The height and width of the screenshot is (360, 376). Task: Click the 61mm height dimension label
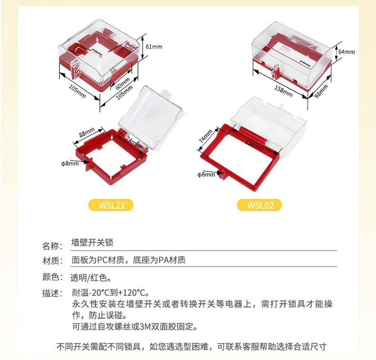coord(154,47)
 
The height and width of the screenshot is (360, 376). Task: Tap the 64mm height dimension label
coord(346,52)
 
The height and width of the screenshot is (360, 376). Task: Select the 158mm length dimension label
coord(284,91)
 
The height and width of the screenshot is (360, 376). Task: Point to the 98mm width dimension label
coord(321,91)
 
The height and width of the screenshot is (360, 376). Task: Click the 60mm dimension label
coord(122,83)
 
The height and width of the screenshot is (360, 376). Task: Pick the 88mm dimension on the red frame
coord(87,132)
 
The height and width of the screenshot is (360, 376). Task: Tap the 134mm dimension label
coord(255,146)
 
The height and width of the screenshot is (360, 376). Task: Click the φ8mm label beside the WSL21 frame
coord(70,163)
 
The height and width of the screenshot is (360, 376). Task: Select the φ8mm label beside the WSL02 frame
coord(206,175)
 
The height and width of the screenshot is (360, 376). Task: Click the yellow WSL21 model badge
coord(111,205)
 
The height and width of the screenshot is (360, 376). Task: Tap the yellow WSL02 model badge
coord(259,205)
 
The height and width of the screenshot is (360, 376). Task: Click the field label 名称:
coord(52,246)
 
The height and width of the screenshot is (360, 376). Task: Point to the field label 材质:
coord(52,260)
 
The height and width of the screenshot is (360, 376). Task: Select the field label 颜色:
coord(52,277)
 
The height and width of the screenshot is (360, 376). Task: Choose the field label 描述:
coord(52,293)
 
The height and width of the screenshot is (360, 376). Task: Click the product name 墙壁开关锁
coord(92,242)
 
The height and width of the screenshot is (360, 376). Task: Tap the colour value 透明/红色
coord(90,278)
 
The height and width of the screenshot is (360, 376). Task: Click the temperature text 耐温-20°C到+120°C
coord(110,292)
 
